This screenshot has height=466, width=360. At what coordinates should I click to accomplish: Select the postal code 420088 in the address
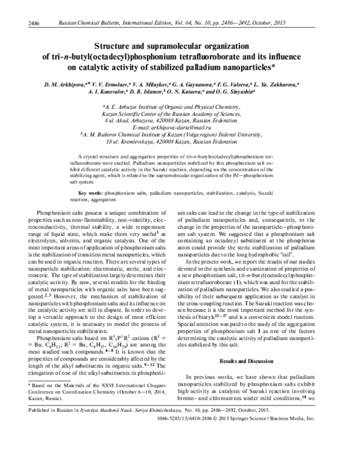(x=158, y=121)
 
